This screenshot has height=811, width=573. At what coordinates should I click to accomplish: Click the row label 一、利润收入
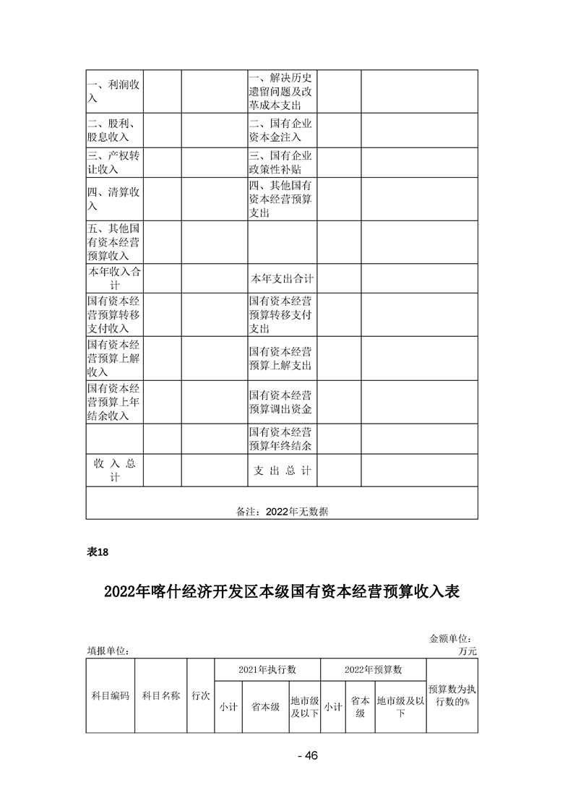114,92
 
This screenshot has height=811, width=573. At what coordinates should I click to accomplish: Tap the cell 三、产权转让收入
114,163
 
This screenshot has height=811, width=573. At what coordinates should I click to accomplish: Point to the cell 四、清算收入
114,199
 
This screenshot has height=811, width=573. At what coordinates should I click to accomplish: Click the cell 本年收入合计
114,278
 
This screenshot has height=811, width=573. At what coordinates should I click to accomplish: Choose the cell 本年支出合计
282,278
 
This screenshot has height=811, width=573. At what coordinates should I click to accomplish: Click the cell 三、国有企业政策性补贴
282,163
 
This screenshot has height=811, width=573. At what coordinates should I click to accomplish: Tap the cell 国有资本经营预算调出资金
282,402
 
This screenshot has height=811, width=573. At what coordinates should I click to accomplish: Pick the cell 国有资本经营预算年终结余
282,438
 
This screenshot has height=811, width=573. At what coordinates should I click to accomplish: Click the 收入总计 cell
114,470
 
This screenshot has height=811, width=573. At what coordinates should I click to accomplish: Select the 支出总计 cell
282,470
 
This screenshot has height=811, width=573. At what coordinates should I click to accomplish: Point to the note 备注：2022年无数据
282,511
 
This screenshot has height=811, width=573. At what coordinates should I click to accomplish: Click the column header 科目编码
110,695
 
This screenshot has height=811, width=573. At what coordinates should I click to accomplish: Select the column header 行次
200,695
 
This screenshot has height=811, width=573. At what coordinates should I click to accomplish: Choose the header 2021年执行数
267,669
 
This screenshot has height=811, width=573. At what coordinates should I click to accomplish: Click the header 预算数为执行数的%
452,695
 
